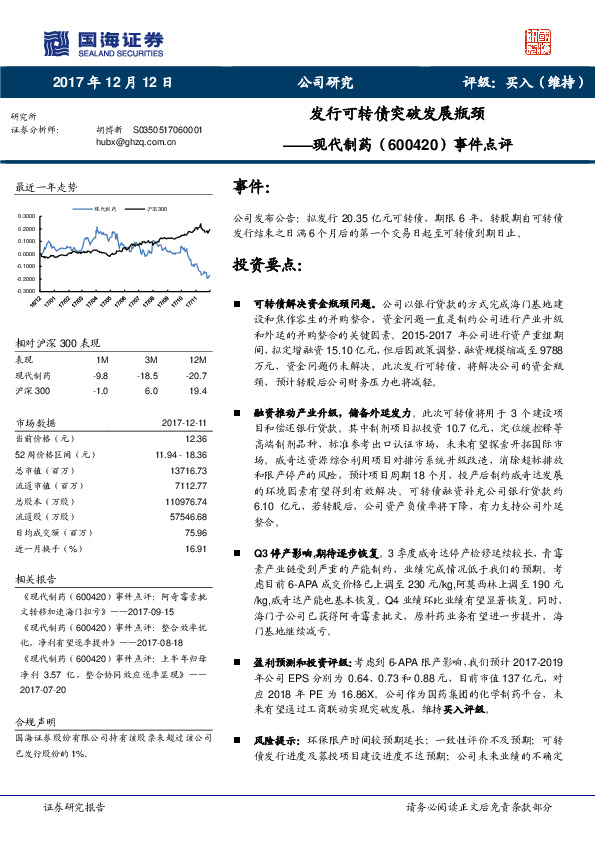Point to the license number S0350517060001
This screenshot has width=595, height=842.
168,130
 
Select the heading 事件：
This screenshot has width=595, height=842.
251,187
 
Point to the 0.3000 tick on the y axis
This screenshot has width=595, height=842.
26,216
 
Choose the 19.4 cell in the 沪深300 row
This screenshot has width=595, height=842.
197,390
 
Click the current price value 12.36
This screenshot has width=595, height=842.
196,438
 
